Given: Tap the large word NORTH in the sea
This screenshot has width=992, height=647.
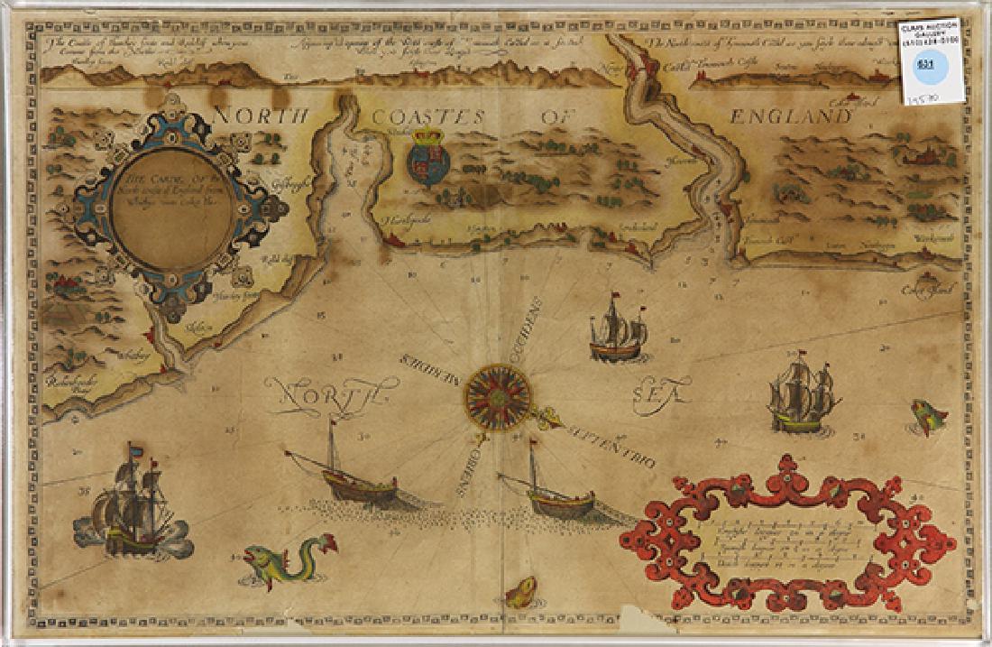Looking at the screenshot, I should click(x=328, y=393).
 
